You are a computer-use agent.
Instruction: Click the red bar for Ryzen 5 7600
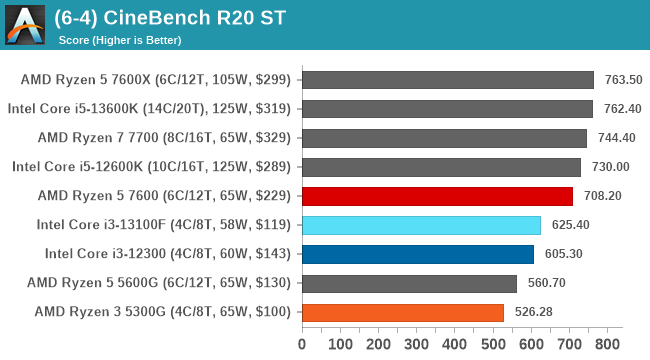(x=437, y=196)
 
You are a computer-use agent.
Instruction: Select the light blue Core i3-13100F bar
(x=421, y=225)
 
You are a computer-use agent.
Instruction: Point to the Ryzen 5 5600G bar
(x=409, y=283)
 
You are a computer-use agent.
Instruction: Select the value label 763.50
(x=621, y=80)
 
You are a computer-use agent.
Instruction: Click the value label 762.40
(x=621, y=109)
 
